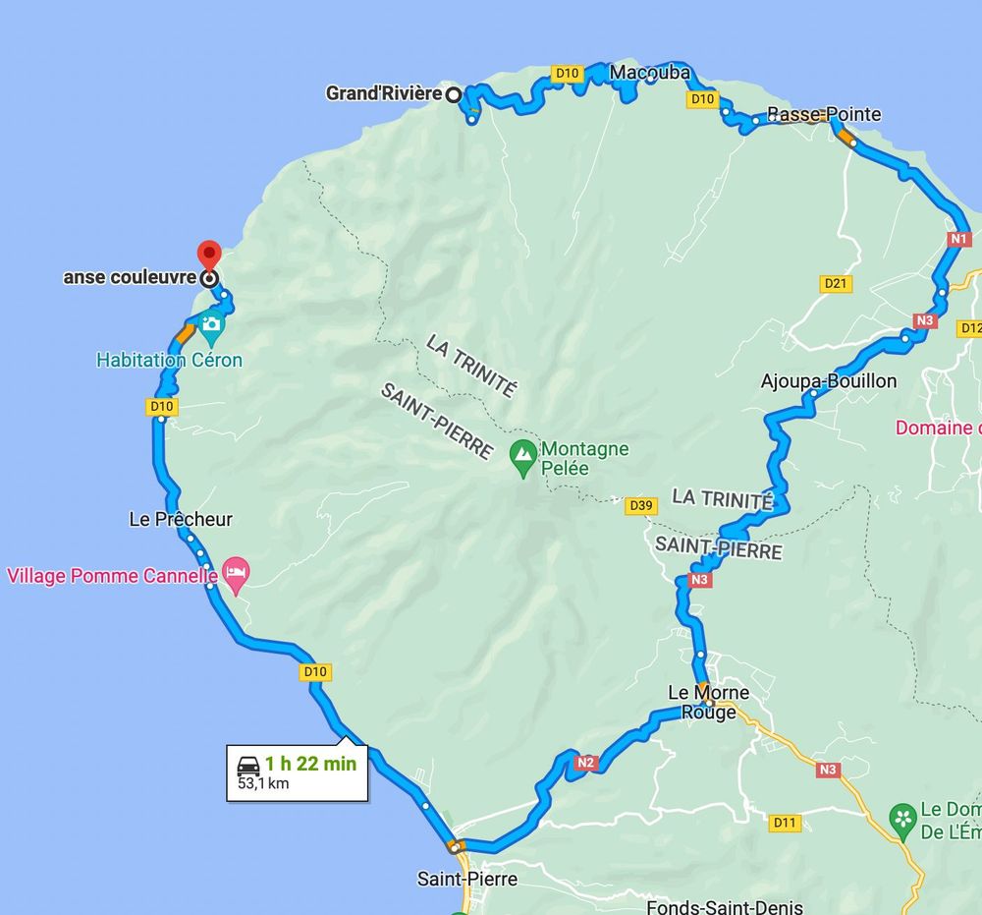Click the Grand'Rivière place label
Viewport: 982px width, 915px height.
(x=384, y=94)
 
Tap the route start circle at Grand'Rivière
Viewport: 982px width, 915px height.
(x=453, y=94)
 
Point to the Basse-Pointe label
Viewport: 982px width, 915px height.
(x=825, y=114)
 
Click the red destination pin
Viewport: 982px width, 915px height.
(x=208, y=254)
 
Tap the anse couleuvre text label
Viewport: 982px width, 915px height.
(x=130, y=277)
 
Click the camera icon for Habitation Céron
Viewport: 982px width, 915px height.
(x=211, y=323)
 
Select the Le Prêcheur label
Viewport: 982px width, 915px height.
(x=181, y=518)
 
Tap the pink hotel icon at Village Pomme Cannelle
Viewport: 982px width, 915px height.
(x=236, y=571)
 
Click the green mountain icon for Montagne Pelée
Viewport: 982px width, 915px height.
(x=523, y=454)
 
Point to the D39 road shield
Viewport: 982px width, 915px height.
(x=641, y=505)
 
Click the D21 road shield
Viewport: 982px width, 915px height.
(x=835, y=283)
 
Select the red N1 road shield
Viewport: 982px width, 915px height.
(x=959, y=239)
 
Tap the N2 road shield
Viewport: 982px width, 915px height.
(x=586, y=762)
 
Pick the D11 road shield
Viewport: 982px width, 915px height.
(x=785, y=823)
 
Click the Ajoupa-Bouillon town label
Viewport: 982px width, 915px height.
(x=829, y=380)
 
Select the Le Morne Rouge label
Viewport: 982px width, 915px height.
(x=708, y=702)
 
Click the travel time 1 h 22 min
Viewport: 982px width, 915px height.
(x=310, y=762)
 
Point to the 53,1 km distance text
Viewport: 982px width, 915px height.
(x=263, y=783)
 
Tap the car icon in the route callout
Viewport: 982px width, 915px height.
(x=247, y=764)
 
